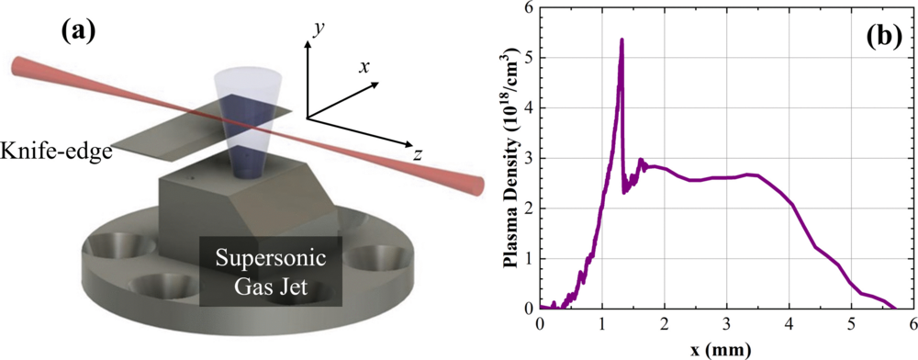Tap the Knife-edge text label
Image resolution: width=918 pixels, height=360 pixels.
click(x=57, y=151)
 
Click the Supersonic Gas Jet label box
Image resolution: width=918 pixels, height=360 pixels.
click(x=272, y=273)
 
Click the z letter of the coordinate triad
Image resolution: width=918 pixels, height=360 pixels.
click(x=417, y=155)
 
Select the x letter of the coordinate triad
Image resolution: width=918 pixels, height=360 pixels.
click(x=364, y=67)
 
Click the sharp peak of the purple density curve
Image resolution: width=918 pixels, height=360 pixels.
click(x=621, y=40)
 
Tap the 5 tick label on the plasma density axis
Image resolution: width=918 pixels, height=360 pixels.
click(x=529, y=57)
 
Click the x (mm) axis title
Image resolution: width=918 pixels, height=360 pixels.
click(x=726, y=348)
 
